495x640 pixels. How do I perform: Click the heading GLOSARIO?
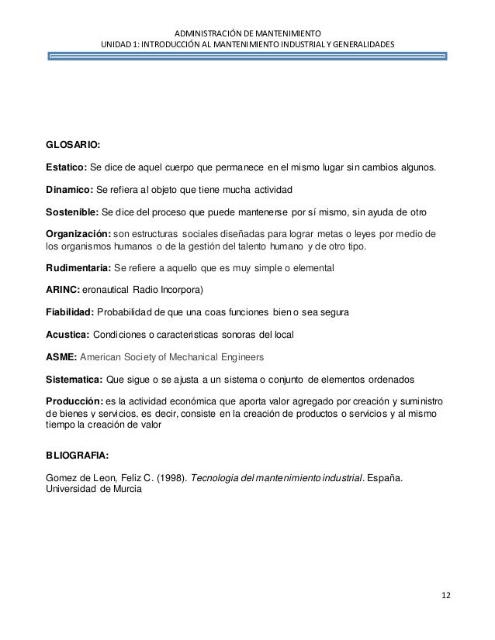coord(74,144)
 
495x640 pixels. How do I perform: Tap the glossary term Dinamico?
coord(70,190)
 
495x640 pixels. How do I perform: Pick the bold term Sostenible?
coord(73,213)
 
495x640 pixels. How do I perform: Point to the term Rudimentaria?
coord(79,268)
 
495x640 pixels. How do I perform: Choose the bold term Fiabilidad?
coord(74,313)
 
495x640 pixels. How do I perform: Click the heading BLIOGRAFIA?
coord(81,457)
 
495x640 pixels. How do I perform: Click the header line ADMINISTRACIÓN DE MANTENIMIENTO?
coord(247,34)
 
